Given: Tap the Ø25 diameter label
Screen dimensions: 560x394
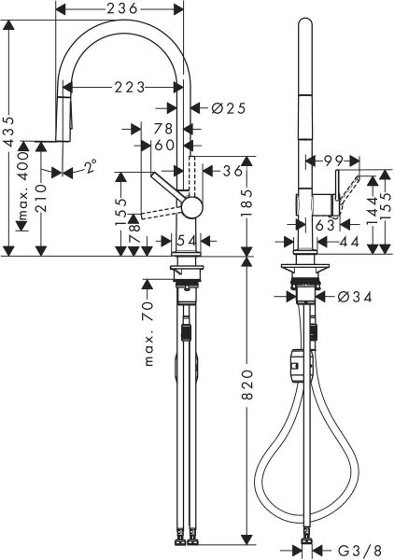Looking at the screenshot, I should [x=228, y=108].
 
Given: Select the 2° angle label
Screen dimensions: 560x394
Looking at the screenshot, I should [x=88, y=168].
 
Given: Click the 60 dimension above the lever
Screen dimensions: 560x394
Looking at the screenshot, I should [x=165, y=145].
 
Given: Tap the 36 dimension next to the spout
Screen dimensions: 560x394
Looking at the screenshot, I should [x=232, y=171].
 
